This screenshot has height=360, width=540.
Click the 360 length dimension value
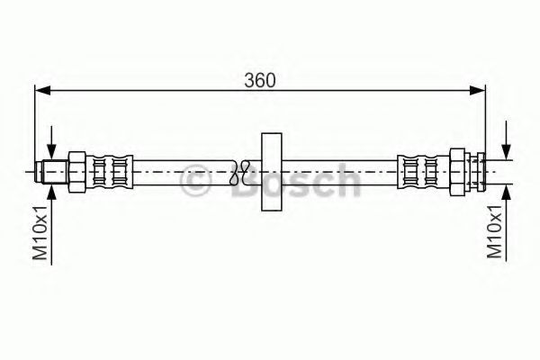pyautogui.click(x=259, y=79)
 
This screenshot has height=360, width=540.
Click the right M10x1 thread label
pyautogui.click(x=494, y=232)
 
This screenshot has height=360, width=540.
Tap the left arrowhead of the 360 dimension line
pyautogui.click(x=41, y=90)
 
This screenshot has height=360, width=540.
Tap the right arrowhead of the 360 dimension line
pyautogui.click(x=478, y=90)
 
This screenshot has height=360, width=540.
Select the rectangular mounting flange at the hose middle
pyautogui.click(x=270, y=173)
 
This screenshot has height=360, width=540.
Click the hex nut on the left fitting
pyautogui.click(x=76, y=170)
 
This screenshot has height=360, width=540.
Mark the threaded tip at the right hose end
pyautogui.click(x=485, y=170)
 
